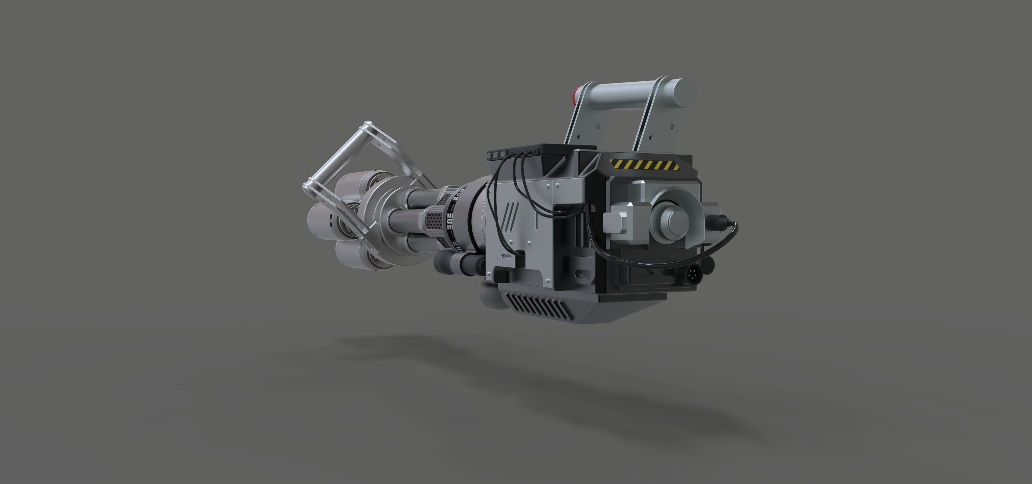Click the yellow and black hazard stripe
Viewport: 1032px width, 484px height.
click(x=644, y=164)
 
